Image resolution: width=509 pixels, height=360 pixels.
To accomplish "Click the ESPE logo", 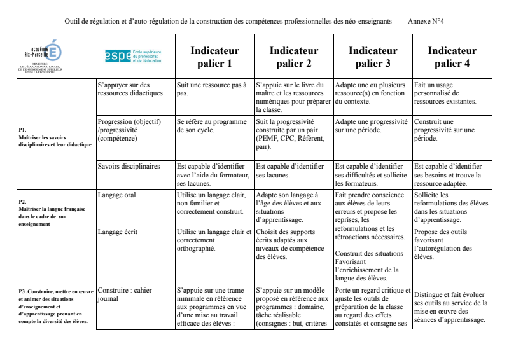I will (134, 56).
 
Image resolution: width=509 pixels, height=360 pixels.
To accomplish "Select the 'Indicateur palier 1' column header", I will (215, 57).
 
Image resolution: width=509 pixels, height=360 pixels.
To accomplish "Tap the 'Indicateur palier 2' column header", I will (294, 57).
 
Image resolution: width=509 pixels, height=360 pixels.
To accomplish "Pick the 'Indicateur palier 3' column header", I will (373, 57).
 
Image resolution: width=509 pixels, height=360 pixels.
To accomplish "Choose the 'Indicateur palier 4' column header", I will (452, 57).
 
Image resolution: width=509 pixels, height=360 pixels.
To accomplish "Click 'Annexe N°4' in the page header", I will (426, 21).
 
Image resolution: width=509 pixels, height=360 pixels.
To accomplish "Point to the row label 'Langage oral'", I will (117, 195).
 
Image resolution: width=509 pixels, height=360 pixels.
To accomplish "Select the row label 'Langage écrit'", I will (118, 232).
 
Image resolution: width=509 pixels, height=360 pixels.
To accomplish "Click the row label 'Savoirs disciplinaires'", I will (129, 166).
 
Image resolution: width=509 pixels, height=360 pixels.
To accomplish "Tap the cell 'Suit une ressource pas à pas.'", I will (211, 88).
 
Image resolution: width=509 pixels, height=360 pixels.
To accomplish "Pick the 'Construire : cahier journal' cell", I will (125, 294).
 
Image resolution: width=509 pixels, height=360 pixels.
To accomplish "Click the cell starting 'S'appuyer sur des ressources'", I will (130, 88).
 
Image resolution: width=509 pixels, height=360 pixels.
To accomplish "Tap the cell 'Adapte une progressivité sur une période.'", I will (372, 126).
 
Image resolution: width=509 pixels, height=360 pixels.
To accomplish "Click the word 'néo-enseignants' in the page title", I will (369, 21).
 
